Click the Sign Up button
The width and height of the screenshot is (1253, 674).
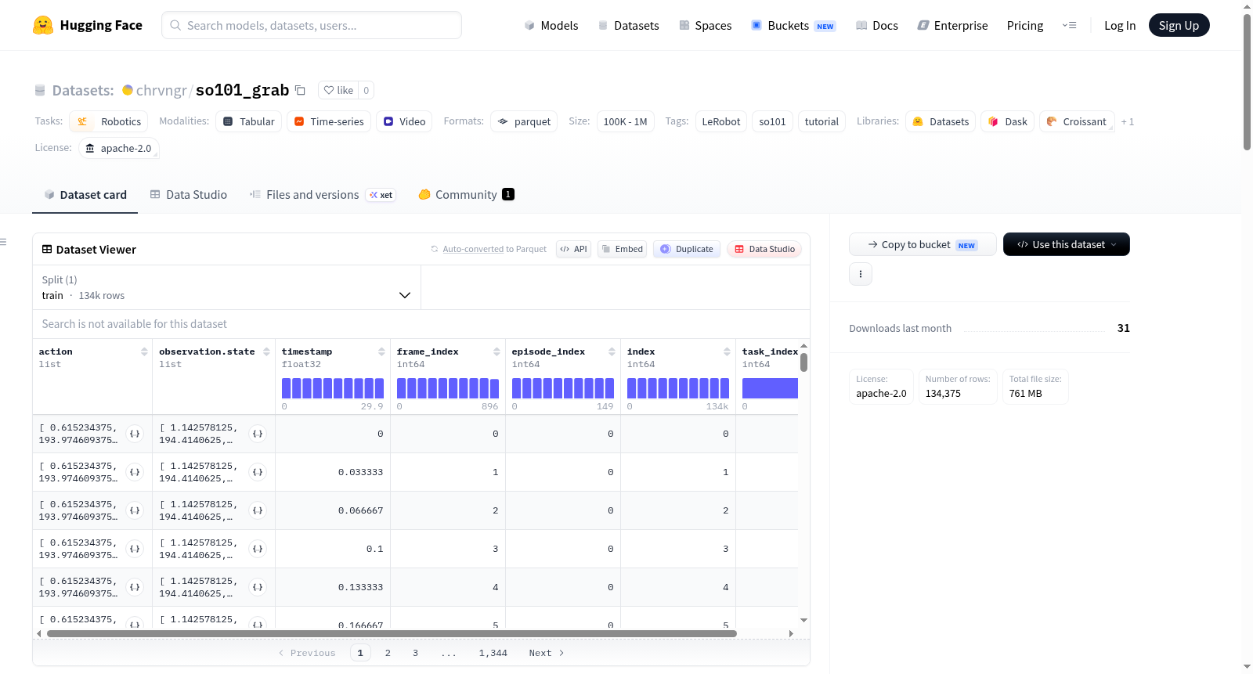tap(1179, 25)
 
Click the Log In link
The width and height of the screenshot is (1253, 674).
tap(1119, 25)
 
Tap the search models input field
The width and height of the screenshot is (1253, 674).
tap(312, 25)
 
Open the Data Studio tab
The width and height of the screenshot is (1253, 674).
tap(189, 195)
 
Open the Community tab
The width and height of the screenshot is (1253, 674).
tap(466, 195)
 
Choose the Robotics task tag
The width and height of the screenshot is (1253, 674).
tap(109, 121)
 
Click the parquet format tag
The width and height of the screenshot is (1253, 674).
tap(524, 121)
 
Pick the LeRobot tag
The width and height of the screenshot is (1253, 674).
tap(720, 121)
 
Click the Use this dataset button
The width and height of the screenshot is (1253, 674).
tap(1066, 244)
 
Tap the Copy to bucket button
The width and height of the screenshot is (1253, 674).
tap(923, 244)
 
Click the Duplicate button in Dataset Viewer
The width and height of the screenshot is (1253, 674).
tap(686, 249)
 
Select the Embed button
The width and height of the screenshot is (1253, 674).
tap(622, 249)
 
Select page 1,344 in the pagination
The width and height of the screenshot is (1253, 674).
tap(493, 653)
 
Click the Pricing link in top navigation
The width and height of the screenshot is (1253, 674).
tap(1025, 25)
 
